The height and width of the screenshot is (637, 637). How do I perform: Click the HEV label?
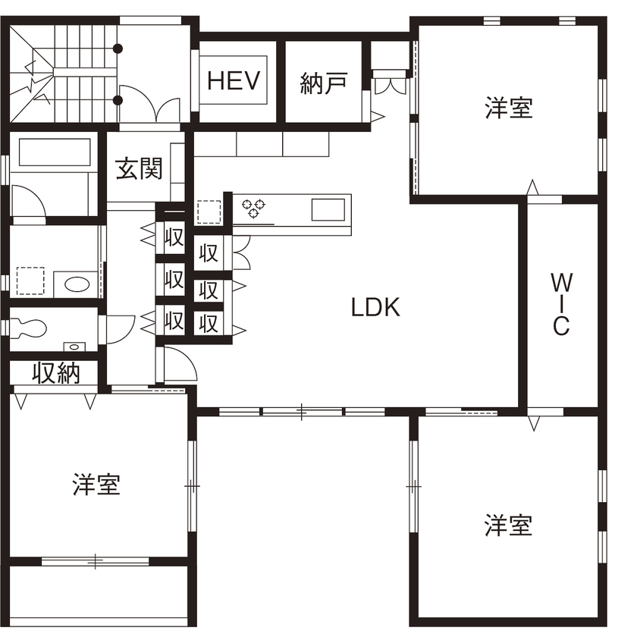[234, 80]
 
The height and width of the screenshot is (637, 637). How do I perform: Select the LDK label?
[375, 307]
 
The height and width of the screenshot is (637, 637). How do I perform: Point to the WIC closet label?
[560, 303]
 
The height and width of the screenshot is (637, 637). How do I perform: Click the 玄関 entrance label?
[139, 168]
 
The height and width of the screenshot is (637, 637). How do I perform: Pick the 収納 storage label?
[56, 373]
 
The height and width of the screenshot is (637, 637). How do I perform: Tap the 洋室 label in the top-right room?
[509, 108]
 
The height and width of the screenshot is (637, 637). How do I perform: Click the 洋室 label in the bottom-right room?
[508, 525]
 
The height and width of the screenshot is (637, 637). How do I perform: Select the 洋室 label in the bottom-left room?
[96, 485]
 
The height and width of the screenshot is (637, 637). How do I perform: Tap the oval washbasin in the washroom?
[77, 284]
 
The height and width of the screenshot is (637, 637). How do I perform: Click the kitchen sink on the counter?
[329, 209]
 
